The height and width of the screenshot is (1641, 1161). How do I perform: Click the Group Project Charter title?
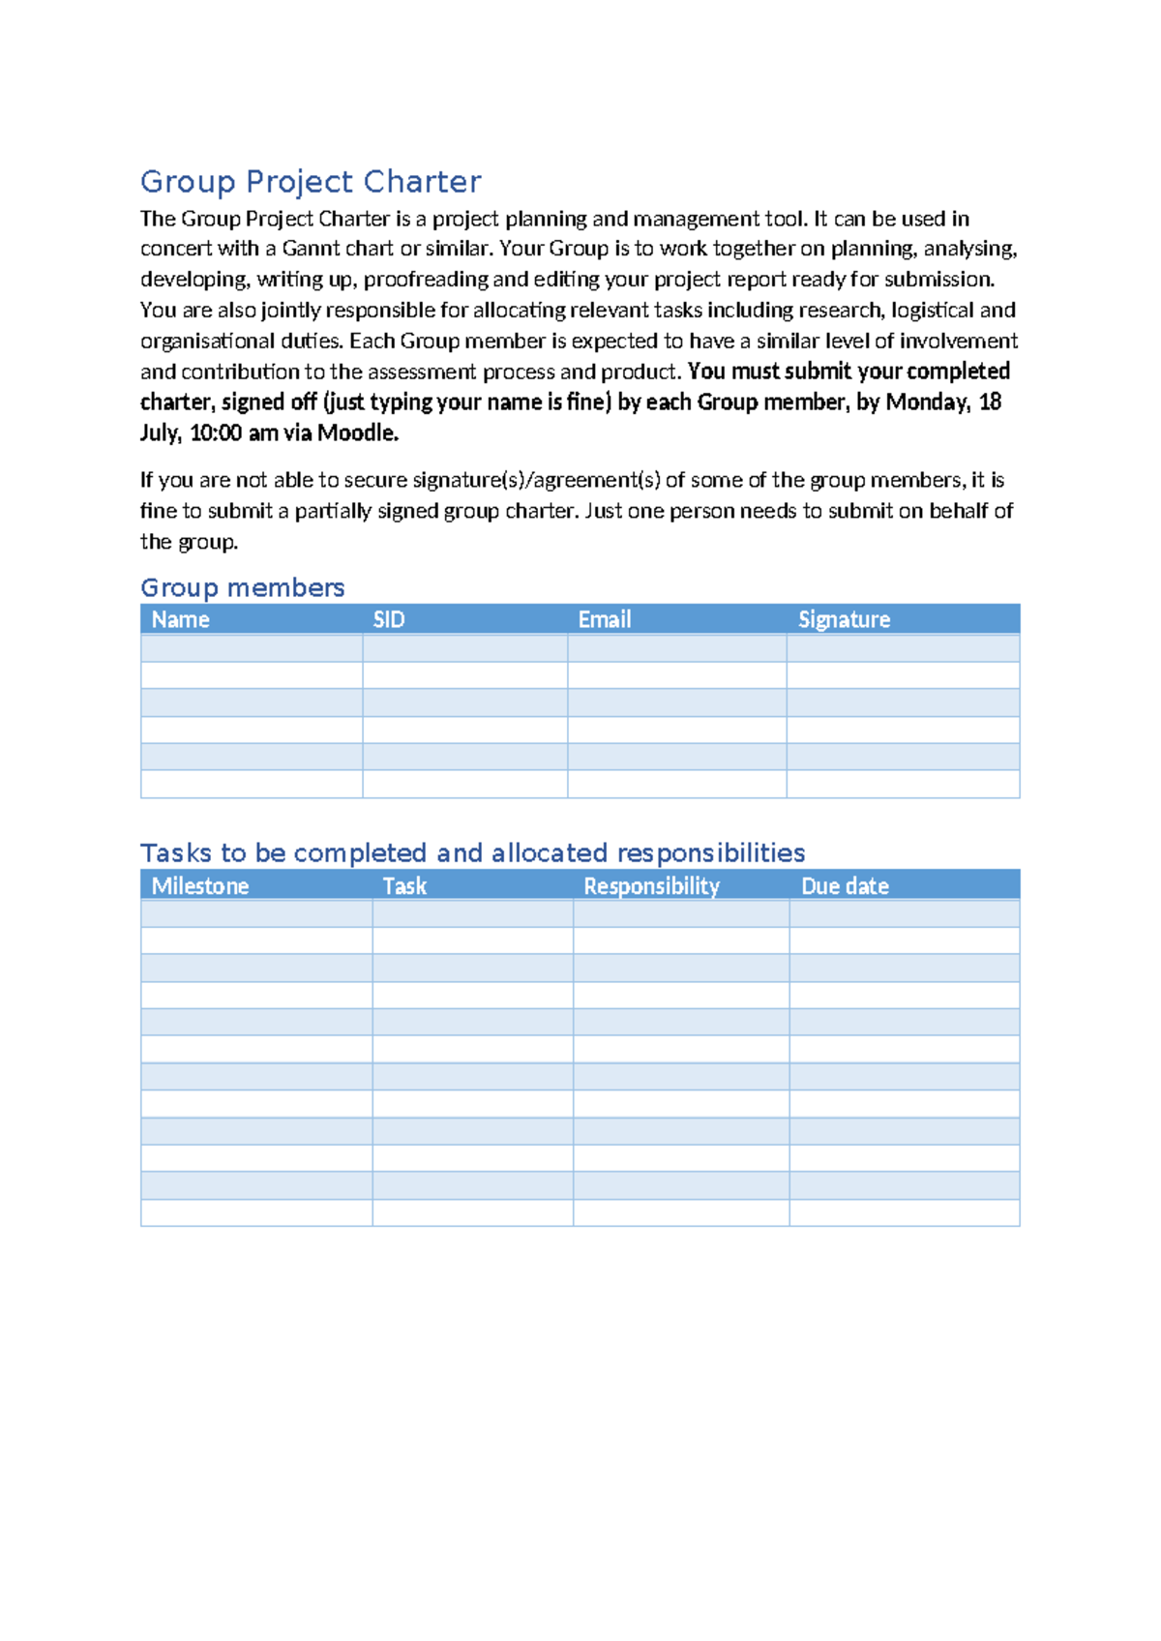311,182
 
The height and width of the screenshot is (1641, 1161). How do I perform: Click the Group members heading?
242,588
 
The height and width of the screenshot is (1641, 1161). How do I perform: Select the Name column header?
181,620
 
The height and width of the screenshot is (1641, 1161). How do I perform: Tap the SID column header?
389,620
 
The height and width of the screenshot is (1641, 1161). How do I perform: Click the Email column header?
605,620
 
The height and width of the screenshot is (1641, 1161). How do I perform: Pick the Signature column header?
844,620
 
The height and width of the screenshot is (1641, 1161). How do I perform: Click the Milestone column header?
200,886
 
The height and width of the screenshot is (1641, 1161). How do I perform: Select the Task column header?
404,886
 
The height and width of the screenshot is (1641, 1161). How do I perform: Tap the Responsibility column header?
651,886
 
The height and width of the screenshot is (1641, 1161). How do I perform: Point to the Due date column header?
845,886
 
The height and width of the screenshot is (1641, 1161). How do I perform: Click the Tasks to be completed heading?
472,853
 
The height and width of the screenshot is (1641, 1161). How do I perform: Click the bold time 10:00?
215,433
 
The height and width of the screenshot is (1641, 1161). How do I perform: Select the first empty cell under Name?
252,648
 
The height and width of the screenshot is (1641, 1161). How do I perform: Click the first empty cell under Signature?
903,648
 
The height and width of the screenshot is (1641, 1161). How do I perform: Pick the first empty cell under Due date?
904,914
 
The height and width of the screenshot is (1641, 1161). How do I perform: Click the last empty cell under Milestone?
256,1213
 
